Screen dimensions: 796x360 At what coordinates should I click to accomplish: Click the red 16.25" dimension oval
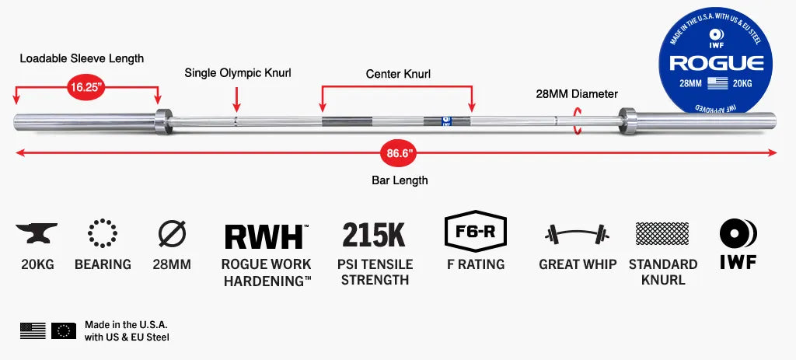tap(87, 87)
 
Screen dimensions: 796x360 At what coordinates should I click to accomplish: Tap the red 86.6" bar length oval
tap(399, 152)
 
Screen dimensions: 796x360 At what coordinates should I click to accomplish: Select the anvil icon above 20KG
tap(37, 233)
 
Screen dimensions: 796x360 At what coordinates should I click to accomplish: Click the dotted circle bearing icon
tap(103, 233)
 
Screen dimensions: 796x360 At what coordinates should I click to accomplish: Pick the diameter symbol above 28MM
tap(172, 233)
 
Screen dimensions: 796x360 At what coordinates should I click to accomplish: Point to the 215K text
tap(374, 235)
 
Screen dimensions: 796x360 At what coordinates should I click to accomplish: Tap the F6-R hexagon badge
tap(475, 232)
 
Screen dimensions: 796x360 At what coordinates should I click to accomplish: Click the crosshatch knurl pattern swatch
tap(662, 233)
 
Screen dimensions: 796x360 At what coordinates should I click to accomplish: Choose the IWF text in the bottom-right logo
tap(738, 262)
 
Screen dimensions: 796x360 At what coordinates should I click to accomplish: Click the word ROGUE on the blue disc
tap(716, 64)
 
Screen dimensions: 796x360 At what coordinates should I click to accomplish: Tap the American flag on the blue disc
tap(717, 83)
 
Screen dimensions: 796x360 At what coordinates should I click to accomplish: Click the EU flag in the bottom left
tap(64, 330)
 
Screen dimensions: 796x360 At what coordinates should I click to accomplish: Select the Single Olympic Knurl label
tap(238, 73)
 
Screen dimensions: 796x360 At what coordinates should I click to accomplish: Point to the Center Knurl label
tap(398, 74)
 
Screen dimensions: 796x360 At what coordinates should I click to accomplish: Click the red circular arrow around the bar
tap(577, 121)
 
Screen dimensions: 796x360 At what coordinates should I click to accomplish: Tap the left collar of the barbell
tap(163, 121)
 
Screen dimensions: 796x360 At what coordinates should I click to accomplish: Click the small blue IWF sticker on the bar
tap(446, 121)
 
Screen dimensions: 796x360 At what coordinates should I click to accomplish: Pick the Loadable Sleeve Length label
tap(82, 58)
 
